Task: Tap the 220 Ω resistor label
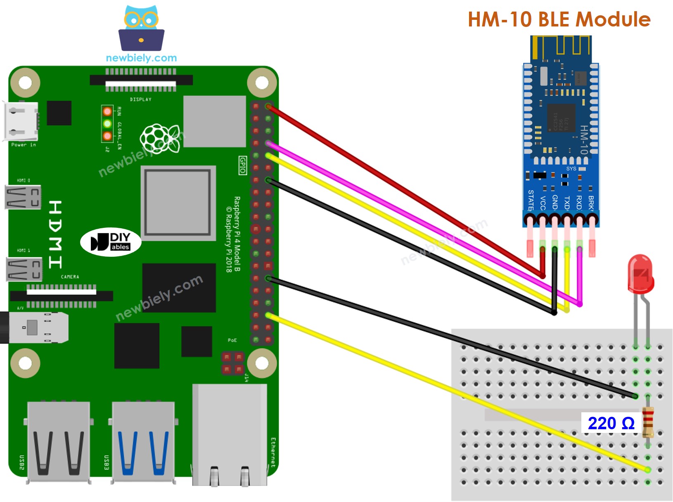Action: click(611, 423)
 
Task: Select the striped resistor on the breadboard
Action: click(648, 422)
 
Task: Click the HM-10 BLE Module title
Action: click(559, 19)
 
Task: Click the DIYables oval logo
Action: click(111, 242)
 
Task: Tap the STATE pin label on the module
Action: click(531, 200)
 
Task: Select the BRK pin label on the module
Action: click(591, 202)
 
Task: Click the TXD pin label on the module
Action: click(567, 203)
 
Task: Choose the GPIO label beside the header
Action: click(243, 165)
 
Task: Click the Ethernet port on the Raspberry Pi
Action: click(230, 434)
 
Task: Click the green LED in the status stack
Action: click(107, 124)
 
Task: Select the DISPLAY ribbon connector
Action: click(141, 81)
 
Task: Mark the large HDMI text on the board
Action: click(55, 234)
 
